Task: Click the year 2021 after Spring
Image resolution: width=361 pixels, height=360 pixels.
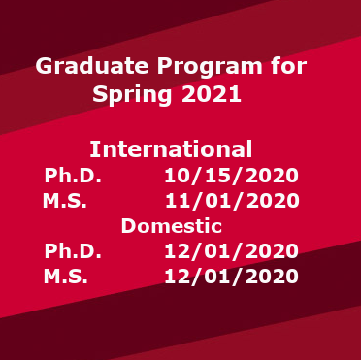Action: pyautogui.click(x=212, y=95)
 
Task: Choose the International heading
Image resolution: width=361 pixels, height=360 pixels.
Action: pyautogui.click(x=171, y=149)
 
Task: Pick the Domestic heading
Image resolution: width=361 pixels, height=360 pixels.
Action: pyautogui.click(x=171, y=226)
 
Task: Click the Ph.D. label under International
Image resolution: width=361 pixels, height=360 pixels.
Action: pyautogui.click(x=73, y=176)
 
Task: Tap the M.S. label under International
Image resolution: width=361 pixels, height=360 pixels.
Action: pyautogui.click(x=65, y=201)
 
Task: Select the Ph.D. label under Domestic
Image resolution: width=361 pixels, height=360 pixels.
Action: pyautogui.click(x=73, y=251)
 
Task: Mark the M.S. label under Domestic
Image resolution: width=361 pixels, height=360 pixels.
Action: pyautogui.click(x=65, y=277)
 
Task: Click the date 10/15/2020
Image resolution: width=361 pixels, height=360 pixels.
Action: pyautogui.click(x=231, y=176)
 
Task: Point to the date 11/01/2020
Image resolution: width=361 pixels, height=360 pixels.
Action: pyautogui.click(x=231, y=201)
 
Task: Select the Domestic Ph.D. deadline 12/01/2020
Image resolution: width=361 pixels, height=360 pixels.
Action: pyautogui.click(x=231, y=251)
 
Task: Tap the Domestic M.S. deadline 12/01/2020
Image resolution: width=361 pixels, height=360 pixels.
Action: pyautogui.click(x=231, y=277)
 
